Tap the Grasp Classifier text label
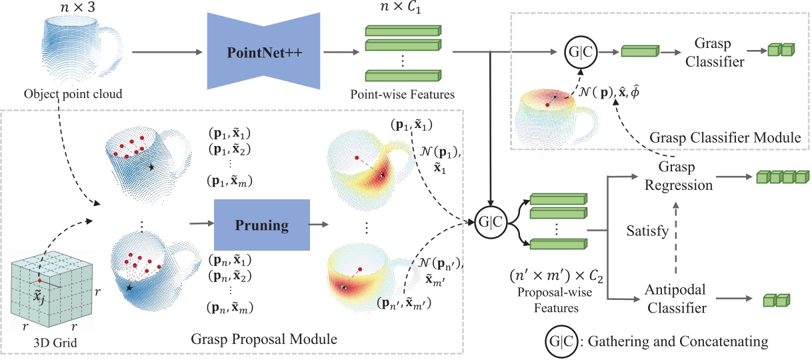point(708,51)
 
